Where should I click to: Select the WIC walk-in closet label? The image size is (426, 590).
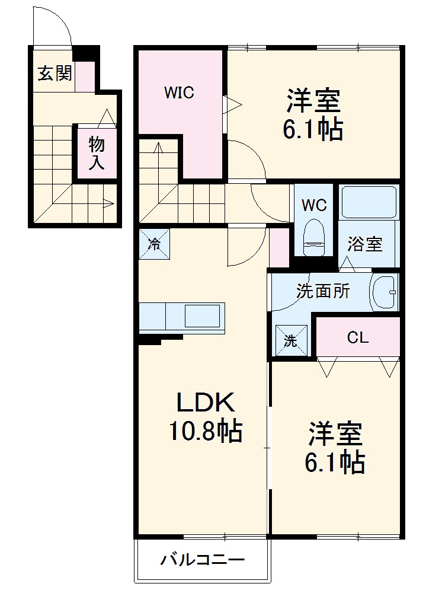[179, 93]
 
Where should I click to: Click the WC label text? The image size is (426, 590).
[314, 205]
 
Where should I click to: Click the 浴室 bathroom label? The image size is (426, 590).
[364, 244]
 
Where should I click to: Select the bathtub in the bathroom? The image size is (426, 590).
[369, 202]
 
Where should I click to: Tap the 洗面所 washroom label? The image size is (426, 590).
[323, 291]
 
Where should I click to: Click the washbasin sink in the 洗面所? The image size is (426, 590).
[383, 292]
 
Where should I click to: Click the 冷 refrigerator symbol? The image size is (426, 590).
[154, 244]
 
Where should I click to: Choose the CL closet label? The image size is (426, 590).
[358, 337]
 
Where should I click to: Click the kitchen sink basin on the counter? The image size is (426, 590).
[203, 315]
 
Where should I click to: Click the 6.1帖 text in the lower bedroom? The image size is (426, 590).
[334, 462]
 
